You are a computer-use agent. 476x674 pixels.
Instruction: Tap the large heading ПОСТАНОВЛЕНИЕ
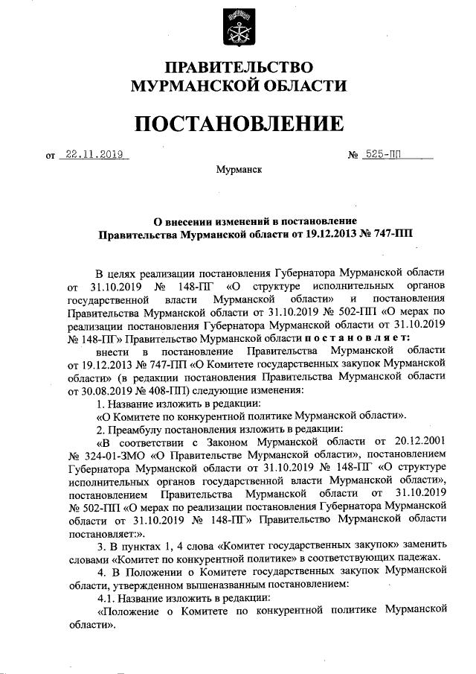(238, 123)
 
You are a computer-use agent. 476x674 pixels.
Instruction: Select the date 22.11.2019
(94, 155)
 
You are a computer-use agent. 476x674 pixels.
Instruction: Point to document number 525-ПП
(384, 155)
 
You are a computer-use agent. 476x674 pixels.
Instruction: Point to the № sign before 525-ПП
(353, 156)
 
